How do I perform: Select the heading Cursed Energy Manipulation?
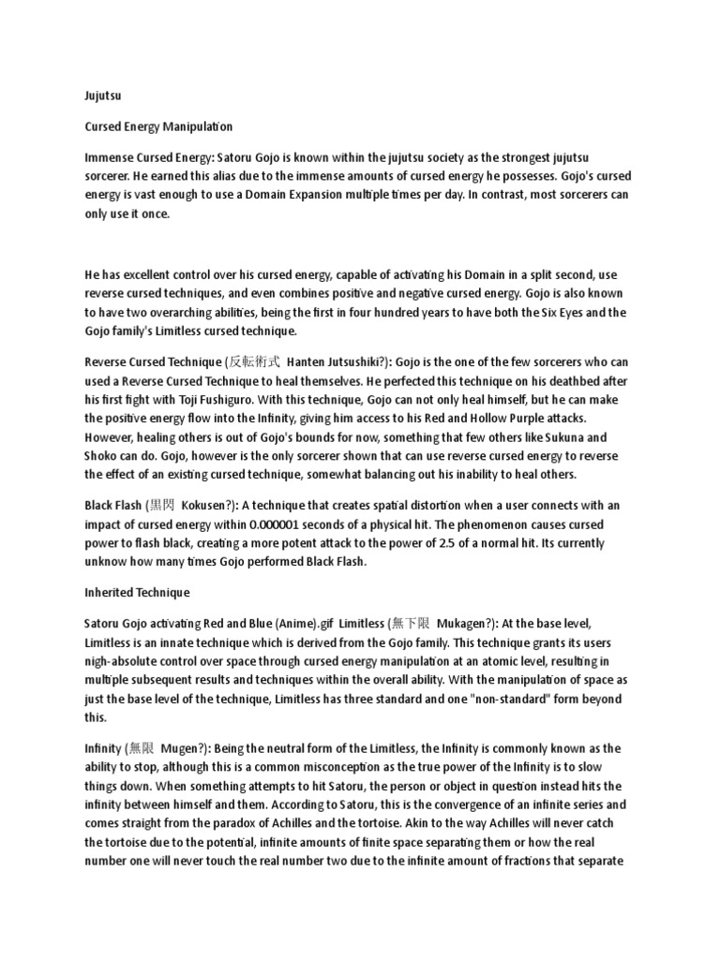158,125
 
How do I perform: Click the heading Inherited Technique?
137,593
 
